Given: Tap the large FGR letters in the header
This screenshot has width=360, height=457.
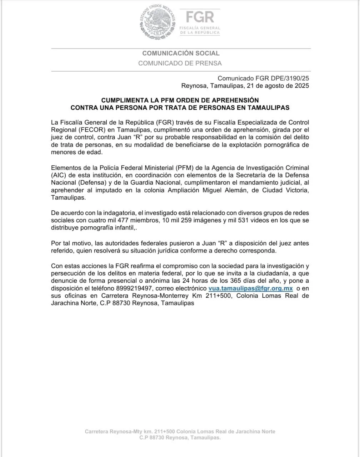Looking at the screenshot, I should coord(200,17).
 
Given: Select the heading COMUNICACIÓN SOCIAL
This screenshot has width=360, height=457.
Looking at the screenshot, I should coord(181,53).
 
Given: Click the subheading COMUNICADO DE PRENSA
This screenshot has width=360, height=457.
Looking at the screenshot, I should coord(180,63).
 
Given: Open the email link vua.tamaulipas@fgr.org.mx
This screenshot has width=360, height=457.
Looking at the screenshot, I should coord(250,288).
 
